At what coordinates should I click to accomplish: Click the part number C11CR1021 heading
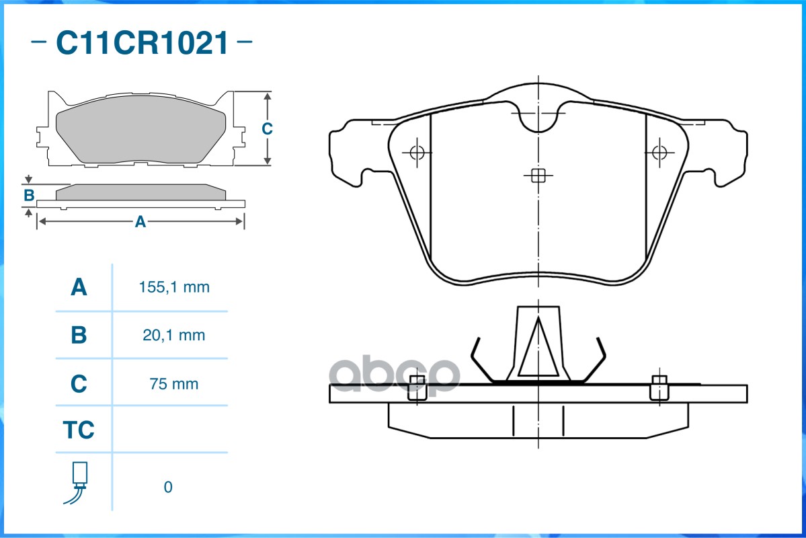click(x=142, y=42)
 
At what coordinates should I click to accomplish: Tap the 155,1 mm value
click(x=174, y=287)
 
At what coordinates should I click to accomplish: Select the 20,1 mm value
click(x=173, y=336)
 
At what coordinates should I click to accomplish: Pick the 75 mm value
click(x=173, y=384)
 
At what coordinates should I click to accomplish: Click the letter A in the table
click(x=79, y=287)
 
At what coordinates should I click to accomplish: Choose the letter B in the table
click(x=79, y=335)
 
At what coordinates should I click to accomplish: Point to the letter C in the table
click(x=79, y=384)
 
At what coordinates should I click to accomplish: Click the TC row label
click(x=79, y=430)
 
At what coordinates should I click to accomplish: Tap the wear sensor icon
click(x=77, y=483)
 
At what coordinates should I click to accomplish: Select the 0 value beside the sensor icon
click(x=168, y=487)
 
